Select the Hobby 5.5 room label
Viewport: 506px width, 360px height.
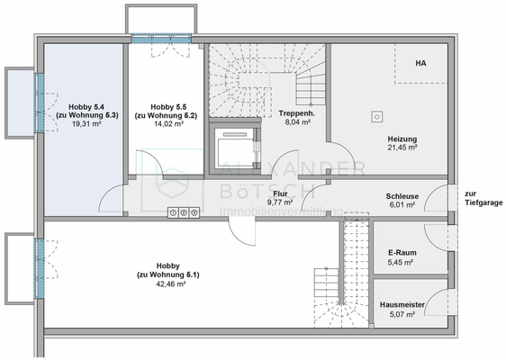(x=167, y=106)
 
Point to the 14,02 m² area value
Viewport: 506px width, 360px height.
(x=167, y=126)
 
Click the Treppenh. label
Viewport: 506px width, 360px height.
(x=294, y=112)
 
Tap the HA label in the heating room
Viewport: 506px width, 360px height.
(x=420, y=64)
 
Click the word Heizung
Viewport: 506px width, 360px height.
(x=402, y=138)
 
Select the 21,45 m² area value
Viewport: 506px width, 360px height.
(x=402, y=148)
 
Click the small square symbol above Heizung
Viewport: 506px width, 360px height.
(x=376, y=114)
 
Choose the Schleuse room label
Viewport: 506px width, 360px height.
(x=401, y=194)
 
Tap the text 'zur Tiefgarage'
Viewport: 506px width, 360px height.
(x=478, y=198)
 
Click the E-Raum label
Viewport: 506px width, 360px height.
(x=401, y=253)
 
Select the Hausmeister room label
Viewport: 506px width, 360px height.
(x=401, y=305)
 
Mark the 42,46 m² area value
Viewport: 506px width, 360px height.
(x=168, y=283)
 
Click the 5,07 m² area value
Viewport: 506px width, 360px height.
(x=401, y=315)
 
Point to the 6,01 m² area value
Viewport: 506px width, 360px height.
(x=401, y=204)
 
